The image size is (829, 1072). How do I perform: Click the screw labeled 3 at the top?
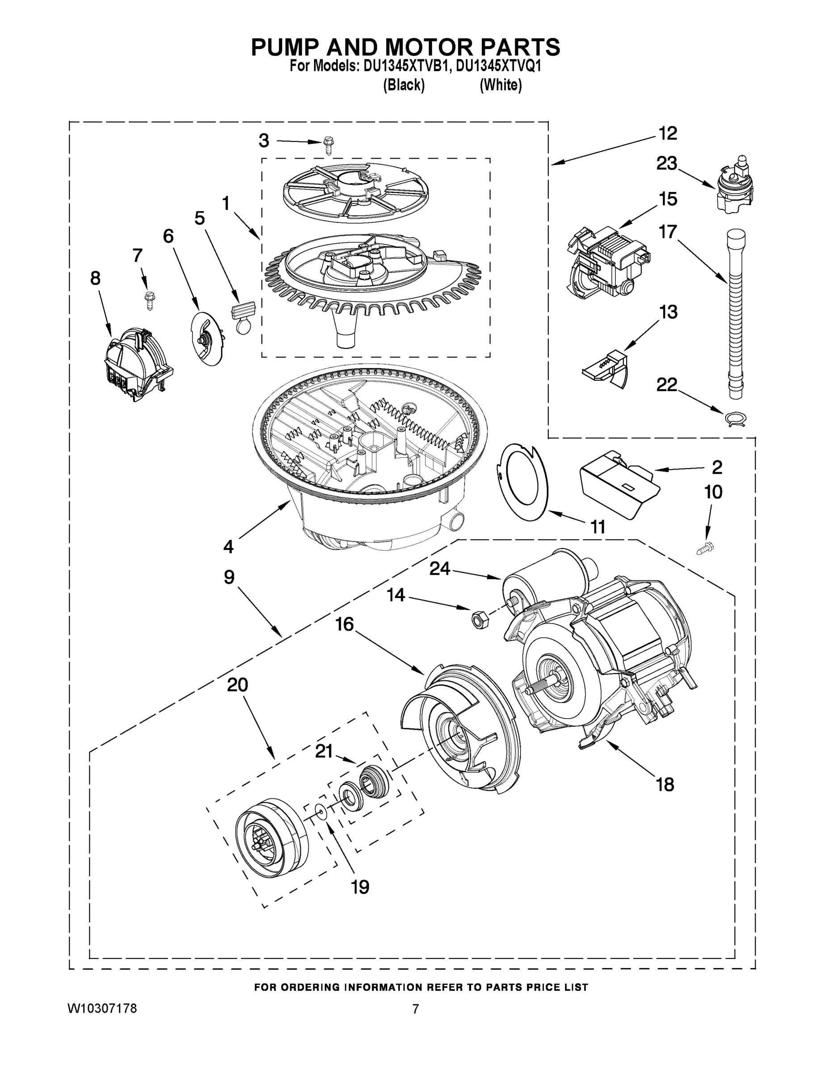pos(328,146)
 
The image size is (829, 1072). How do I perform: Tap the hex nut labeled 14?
pos(477,619)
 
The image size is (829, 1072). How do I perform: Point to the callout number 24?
pos(440,569)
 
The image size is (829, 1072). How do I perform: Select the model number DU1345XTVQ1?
pos(498,66)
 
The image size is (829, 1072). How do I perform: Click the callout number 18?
pos(665,784)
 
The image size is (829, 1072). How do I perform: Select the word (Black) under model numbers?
pos(404,85)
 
